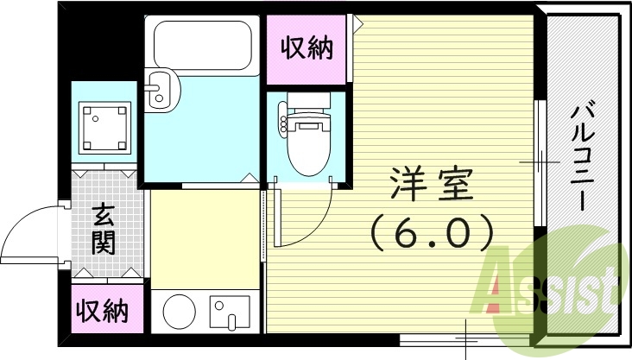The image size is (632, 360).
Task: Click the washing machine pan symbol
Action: [104, 126]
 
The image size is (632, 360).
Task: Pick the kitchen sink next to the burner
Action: [229, 312]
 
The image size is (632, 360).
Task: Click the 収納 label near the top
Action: [307, 48]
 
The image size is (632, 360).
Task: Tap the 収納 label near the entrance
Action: [100, 309]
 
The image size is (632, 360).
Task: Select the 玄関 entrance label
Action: [104, 228]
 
